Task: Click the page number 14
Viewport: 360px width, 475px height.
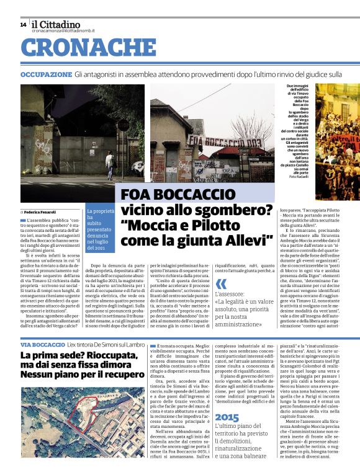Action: tap(23, 24)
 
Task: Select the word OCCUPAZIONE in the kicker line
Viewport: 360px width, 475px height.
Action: tap(45, 74)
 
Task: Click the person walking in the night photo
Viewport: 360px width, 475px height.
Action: tap(109, 165)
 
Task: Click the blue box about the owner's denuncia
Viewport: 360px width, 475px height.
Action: tap(101, 211)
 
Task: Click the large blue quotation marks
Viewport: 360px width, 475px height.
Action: tap(221, 285)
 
